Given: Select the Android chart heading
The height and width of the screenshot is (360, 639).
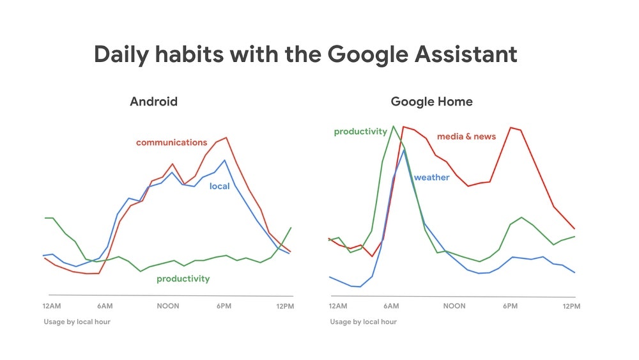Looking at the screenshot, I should coord(153,102).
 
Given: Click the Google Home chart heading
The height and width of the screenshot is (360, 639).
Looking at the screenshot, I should coord(432,102).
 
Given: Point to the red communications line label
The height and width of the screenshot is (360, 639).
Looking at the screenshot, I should coord(171,143).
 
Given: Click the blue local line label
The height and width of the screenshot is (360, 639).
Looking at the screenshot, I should coord(219,187).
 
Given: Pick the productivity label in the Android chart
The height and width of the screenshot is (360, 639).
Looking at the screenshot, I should coord(183,279).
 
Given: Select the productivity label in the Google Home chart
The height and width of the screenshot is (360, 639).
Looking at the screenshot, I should coord(360,132).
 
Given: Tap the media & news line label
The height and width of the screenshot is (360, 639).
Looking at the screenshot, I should coord(466,136).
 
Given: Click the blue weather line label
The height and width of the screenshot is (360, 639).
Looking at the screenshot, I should coord(431,177).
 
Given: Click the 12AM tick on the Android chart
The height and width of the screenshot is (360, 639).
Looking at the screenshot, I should coord(51,306).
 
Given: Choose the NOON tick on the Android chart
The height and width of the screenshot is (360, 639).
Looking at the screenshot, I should coord(169,306).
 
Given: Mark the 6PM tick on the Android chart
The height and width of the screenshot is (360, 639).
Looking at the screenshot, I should coord(224,306).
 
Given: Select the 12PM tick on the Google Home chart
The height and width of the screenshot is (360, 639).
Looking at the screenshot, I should coord(571,306).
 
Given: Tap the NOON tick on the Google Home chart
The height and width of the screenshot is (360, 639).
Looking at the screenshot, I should coord(454,306).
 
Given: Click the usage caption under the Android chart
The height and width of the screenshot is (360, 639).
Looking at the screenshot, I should coord(77,322).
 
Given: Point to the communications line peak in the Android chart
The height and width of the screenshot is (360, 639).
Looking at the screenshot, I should coord(226,137).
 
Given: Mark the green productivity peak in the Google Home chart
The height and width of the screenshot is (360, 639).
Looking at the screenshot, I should coord(393,126).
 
